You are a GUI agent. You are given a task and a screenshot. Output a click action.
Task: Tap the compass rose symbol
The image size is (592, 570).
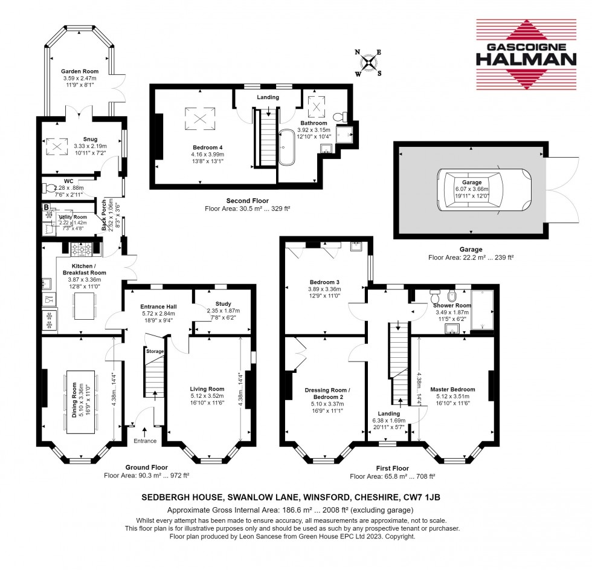pos(369,63)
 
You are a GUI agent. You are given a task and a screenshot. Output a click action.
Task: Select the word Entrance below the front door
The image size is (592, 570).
pos(145,441)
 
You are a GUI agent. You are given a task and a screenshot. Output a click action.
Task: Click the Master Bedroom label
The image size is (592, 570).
pos(452,389)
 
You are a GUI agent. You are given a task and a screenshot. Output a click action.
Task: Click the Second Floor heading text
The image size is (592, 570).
pos(247,201)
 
